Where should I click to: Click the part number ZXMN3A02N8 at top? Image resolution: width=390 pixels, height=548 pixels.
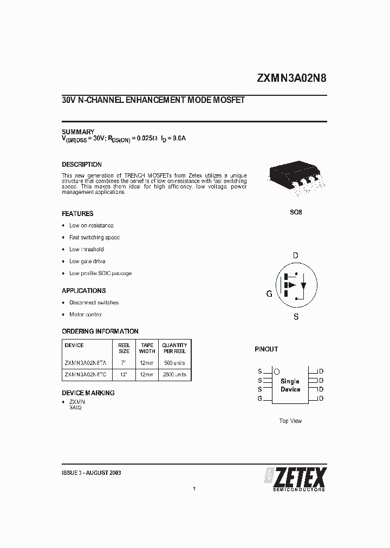point(291,77)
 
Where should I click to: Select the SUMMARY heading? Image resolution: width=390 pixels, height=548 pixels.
point(78,132)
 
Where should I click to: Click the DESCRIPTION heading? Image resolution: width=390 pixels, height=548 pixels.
point(82,165)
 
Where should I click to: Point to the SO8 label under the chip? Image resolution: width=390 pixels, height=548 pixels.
point(296,212)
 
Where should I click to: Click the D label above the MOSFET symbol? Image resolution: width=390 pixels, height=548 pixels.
point(295,256)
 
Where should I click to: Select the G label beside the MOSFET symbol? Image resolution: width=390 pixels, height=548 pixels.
point(269,294)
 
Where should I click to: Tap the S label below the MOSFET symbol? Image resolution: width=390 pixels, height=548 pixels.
point(296,317)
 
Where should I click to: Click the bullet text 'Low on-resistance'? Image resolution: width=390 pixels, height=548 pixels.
point(91,225)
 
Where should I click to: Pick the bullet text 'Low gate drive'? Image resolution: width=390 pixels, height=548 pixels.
point(87,261)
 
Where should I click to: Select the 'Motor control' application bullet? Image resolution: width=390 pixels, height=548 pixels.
point(86,315)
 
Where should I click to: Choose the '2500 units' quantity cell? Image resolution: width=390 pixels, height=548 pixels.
point(174,374)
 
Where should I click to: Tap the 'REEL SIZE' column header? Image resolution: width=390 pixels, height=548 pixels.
point(124,348)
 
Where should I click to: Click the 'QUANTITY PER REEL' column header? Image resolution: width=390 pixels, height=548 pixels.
point(174,348)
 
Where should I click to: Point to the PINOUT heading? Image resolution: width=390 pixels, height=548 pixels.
point(266,350)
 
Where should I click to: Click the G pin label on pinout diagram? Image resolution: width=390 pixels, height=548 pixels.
point(260,399)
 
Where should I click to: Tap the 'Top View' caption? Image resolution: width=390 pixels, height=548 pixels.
point(290,421)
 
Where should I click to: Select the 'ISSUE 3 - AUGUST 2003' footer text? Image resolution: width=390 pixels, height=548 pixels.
point(92,473)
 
